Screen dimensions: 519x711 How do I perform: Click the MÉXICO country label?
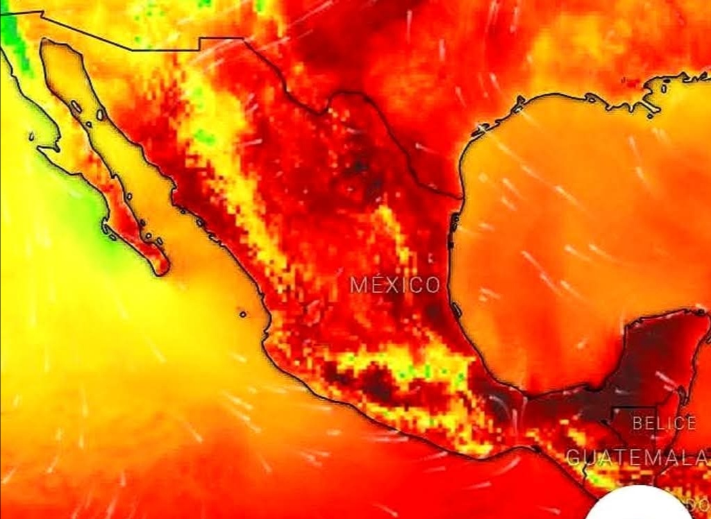point(394,284)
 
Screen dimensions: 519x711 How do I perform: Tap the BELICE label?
point(664,423)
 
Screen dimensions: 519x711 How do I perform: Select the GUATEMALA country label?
point(637,457)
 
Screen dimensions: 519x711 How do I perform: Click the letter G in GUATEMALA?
point(573,457)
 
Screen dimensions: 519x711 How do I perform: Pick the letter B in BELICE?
point(637,423)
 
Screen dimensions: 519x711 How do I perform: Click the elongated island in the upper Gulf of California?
point(75,108)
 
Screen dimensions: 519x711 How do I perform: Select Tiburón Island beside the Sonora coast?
point(101,114)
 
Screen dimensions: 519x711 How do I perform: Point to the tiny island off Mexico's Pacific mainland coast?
point(243,314)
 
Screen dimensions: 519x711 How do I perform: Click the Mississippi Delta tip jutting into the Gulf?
point(653,111)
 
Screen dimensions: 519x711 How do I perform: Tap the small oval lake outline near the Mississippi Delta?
point(664,88)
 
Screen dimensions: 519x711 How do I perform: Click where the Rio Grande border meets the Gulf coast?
point(460,198)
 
